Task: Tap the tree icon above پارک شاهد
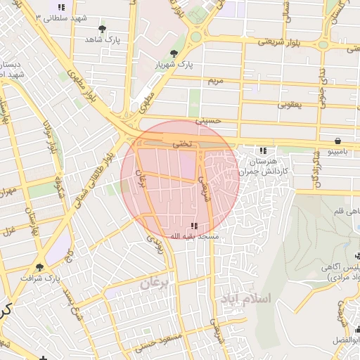(x=103, y=29)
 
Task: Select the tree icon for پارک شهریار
(x=174, y=53)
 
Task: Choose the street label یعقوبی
(x=288, y=105)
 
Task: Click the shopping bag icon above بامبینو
(x=339, y=140)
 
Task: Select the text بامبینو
(x=342, y=151)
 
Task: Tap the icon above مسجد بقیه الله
(x=194, y=226)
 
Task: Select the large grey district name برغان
(x=155, y=284)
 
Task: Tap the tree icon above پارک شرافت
(x=39, y=267)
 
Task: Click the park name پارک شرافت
(x=39, y=278)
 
